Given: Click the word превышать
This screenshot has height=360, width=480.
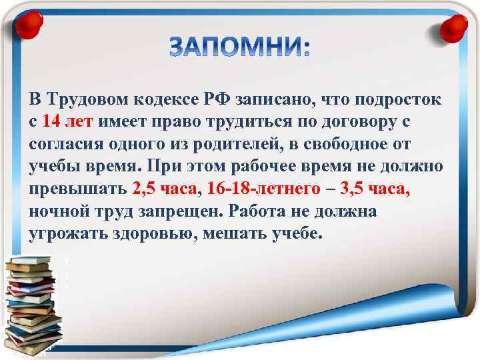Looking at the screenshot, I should point(77,189).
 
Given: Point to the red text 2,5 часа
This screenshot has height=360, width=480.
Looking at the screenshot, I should point(166,189).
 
